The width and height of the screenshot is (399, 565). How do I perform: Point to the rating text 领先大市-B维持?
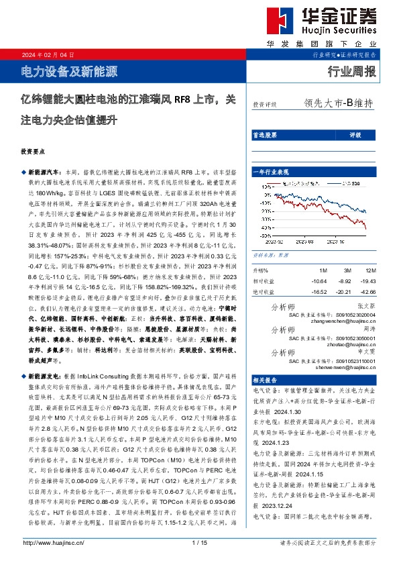(x=338, y=104)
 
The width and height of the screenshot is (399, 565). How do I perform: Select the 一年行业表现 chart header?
(x=270, y=172)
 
